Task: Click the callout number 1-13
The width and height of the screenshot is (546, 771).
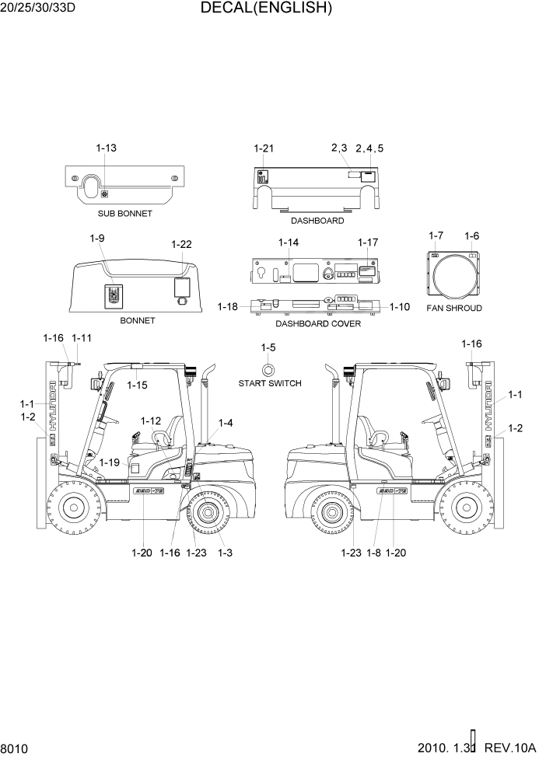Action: (107, 148)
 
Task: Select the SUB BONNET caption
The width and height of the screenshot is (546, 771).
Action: (125, 213)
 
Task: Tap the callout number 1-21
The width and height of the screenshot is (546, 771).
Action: (264, 148)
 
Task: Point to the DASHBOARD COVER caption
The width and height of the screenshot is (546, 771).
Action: (318, 323)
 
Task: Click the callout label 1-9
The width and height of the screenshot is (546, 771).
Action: (97, 238)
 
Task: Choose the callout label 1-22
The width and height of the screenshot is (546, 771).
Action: (181, 244)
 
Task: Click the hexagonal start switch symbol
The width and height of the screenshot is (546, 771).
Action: (268, 368)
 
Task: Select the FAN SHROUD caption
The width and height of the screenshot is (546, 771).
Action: (454, 308)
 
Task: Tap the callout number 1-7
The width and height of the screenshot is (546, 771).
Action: (436, 235)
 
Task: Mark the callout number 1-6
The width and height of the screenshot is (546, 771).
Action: (471, 235)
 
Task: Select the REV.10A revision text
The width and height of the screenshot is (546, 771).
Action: (510, 748)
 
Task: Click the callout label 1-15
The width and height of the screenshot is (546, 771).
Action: (137, 385)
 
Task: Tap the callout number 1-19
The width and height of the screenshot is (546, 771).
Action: (110, 462)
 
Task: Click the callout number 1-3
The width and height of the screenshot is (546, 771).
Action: (226, 553)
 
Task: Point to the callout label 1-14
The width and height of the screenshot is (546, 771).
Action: (289, 242)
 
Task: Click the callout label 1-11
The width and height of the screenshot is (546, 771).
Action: (82, 338)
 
